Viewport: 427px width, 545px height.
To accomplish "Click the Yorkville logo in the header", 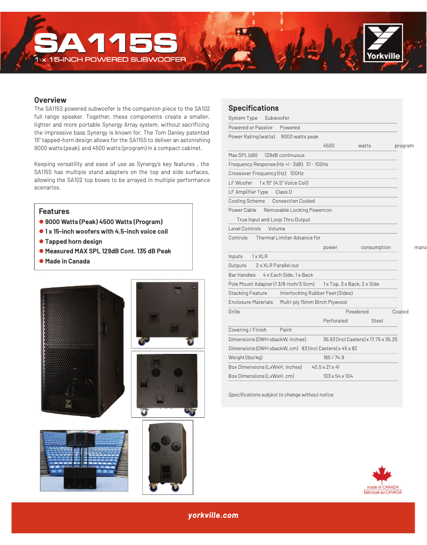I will [x=383, y=43].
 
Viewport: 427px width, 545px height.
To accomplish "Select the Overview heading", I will [x=50, y=100].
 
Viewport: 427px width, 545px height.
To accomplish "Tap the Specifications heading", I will [x=253, y=108].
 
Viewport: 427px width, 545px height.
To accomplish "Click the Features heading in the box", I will [x=54, y=211].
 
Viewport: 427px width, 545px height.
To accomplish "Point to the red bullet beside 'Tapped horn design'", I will [x=41, y=242].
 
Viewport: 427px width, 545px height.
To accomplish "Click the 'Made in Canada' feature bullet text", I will [x=67, y=261].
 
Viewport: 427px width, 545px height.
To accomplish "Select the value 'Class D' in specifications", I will [x=283, y=192].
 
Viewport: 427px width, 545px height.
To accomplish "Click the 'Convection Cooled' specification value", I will [x=293, y=201].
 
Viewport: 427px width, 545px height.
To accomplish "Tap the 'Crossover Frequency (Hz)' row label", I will [x=257, y=174].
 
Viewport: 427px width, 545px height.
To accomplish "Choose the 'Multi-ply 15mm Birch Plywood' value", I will [x=313, y=302].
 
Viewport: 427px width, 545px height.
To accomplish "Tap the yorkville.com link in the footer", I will [x=213, y=515].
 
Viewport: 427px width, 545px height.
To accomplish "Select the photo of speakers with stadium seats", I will [x=84, y=460].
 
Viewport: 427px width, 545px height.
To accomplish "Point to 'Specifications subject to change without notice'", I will [x=281, y=395].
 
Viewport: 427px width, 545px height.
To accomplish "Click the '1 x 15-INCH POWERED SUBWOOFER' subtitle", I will [x=110, y=59].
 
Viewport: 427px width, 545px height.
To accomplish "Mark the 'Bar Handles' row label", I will [x=242, y=275].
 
